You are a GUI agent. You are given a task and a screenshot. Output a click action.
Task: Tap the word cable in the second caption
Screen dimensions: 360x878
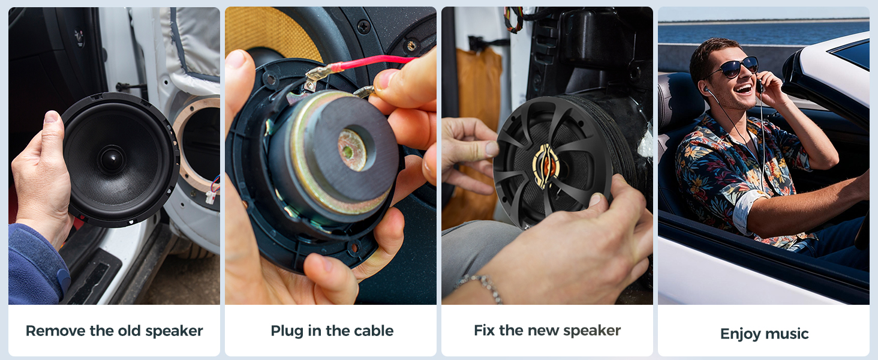pos(373,331)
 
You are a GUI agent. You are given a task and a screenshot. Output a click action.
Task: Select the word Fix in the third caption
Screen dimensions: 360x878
pos(483,330)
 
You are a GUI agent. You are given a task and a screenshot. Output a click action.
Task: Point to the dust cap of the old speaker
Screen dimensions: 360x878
pos(112,158)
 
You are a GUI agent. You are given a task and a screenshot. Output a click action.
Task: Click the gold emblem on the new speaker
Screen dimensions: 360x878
pos(546,166)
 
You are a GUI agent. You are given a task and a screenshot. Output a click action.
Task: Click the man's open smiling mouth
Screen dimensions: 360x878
pos(744,89)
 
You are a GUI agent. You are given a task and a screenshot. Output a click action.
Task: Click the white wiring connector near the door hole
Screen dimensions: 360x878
pos(211,197)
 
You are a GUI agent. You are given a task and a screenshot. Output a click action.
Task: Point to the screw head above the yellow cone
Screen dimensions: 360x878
pos(363,26)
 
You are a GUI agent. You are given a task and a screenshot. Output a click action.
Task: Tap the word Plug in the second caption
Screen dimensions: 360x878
pos(287,331)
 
